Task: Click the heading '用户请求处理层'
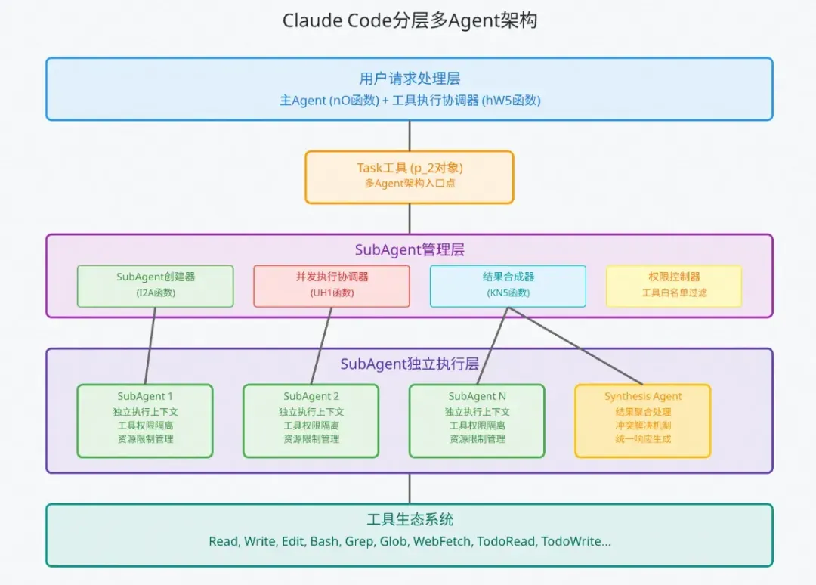click(410, 79)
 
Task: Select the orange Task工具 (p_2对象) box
click(410, 177)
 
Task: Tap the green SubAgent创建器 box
click(156, 286)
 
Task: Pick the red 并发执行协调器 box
click(332, 286)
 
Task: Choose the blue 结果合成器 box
click(508, 286)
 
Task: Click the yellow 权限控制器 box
click(674, 286)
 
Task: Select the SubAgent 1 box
click(145, 421)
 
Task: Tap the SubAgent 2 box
click(311, 421)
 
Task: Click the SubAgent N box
click(477, 421)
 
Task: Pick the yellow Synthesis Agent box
click(643, 421)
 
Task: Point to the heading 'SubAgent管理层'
click(410, 249)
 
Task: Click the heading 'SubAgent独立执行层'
click(410, 364)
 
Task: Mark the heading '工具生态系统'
click(410, 519)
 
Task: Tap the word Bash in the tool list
click(324, 542)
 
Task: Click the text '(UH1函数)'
click(332, 293)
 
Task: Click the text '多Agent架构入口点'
click(410, 184)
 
